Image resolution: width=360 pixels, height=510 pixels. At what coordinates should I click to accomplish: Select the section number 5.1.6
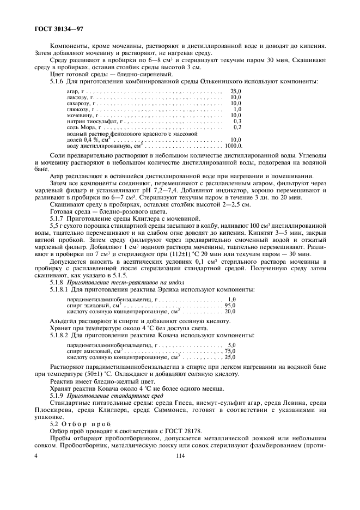tap(58, 81)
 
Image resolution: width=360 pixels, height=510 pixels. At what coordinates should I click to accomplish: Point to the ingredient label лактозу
tap(78, 97)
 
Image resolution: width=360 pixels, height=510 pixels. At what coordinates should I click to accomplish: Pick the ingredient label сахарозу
tap(80, 103)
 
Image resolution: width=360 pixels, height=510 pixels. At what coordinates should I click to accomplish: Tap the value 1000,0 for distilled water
tap(233, 145)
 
